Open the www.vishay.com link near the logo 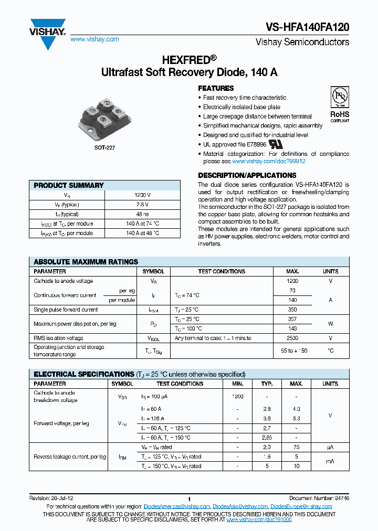click(94, 39)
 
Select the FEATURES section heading click(216, 88)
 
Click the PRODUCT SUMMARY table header click(69, 185)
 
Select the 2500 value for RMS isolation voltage click(292, 338)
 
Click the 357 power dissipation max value click(292, 319)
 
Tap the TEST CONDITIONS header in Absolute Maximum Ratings click(222, 271)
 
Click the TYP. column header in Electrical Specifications click(267, 384)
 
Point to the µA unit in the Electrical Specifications click(330, 447)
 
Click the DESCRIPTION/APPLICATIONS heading click(247, 175)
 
